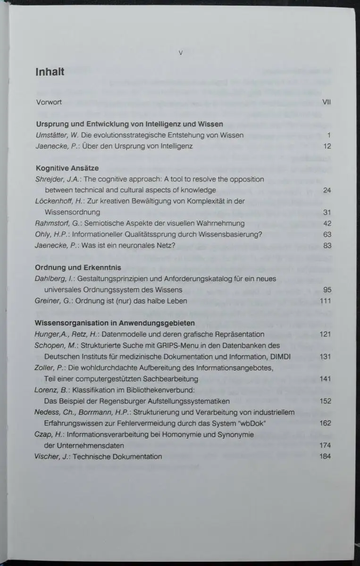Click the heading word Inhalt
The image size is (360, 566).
click(50, 72)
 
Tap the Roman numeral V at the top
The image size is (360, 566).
click(180, 53)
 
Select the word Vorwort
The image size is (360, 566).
click(49, 102)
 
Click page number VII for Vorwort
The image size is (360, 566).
click(326, 102)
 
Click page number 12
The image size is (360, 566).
click(327, 146)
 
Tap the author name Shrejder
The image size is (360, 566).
click(50, 179)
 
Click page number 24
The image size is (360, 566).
click(327, 190)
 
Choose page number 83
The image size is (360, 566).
click(327, 245)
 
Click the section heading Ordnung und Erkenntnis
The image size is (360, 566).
click(78, 267)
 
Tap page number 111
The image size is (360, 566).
click(326, 301)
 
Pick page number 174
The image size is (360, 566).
click(325, 445)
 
